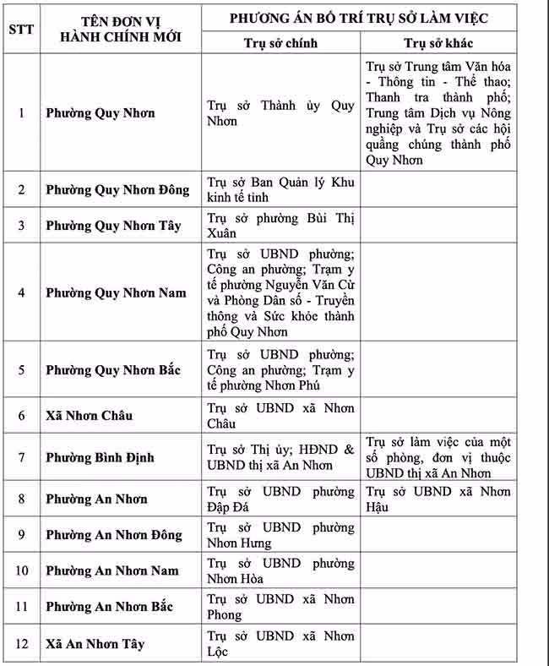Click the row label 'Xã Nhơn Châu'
point(89,416)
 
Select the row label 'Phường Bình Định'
point(100,457)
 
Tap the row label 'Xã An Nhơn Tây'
point(95,644)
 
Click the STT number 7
point(22,457)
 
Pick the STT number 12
point(22,644)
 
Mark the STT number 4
point(22,292)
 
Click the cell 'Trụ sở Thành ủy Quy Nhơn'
point(280,113)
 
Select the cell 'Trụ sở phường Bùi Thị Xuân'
point(280,226)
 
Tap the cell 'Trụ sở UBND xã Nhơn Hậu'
point(451,499)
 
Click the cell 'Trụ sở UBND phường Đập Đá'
point(280,499)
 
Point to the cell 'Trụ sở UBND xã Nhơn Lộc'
point(280,643)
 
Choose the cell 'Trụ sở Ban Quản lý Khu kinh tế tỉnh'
point(280,189)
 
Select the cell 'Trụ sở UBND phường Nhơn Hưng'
point(280,535)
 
